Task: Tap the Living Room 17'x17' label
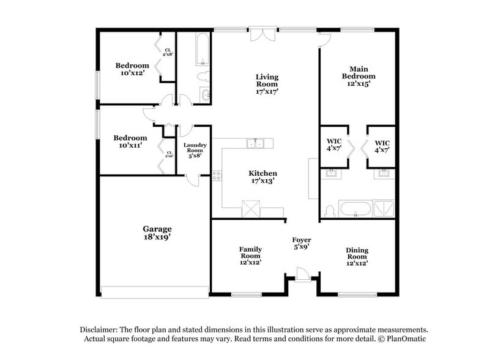tap(267, 84)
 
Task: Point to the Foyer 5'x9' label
tap(300, 243)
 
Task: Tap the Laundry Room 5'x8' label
tap(195, 151)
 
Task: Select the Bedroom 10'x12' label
tap(132, 70)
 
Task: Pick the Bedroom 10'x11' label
tap(132, 142)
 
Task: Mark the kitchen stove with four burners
tap(216, 176)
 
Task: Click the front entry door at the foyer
tap(302, 274)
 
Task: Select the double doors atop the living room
tap(262, 34)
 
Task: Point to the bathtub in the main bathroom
tap(355, 209)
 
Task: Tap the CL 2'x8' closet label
tap(167, 52)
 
